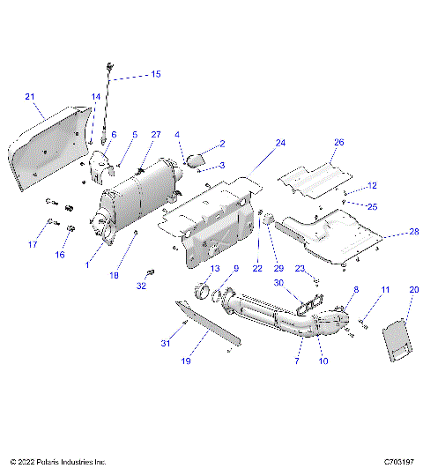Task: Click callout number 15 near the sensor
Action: click(155, 74)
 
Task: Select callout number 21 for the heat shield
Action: click(29, 96)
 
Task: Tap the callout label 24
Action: click(280, 142)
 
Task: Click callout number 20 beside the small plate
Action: click(414, 289)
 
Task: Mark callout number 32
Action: click(142, 286)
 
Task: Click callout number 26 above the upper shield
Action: click(338, 142)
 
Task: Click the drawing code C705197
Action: click(399, 461)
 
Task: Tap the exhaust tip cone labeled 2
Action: click(195, 160)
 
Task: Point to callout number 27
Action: click(156, 134)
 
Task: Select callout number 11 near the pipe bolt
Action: click(385, 289)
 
